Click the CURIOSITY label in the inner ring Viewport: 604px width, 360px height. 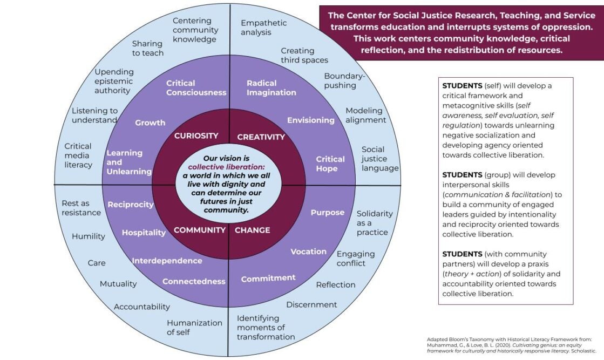tap(196, 136)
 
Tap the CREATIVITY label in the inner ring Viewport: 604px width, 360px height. tap(261, 137)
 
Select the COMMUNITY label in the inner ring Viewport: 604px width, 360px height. tap(199, 230)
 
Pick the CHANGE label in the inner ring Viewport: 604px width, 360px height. tap(252, 230)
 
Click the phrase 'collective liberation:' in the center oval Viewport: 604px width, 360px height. tap(223, 167)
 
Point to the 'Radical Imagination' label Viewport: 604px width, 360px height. tap(271, 87)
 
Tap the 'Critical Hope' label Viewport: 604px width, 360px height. tap(330, 164)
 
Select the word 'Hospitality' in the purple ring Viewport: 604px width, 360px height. tap(144, 233)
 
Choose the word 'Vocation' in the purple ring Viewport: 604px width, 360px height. tap(308, 252)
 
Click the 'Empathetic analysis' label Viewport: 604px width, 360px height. tap(263, 28)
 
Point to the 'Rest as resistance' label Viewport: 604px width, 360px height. tap(81, 208)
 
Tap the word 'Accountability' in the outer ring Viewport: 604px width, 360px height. tap(141, 307)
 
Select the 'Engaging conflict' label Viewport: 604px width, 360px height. tap(355, 259)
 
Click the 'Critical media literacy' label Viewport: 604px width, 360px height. tap(78, 155)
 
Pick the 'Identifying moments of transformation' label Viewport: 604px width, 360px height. tap(266, 328)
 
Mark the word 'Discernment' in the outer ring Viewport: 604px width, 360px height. tap(311, 305)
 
